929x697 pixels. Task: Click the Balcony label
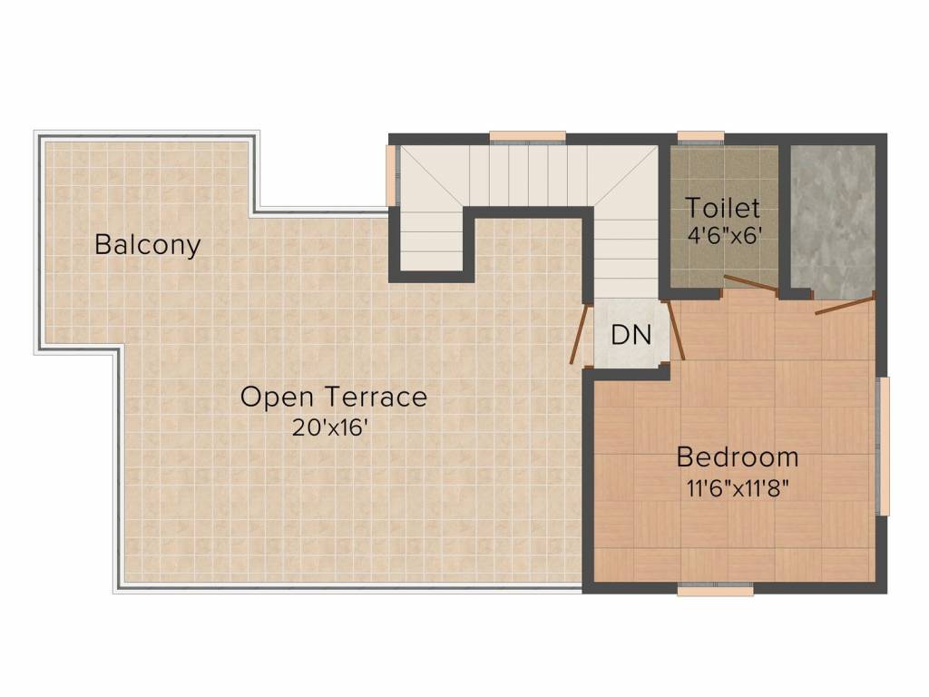148,245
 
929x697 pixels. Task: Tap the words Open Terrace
334,397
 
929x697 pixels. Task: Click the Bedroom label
738,457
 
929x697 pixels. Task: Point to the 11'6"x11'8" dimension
738,488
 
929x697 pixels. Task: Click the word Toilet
723,208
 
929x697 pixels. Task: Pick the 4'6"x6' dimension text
724,236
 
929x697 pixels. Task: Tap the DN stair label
631,335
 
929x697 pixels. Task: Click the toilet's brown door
751,283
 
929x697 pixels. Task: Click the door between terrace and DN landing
580,334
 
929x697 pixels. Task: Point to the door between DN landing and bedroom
674,330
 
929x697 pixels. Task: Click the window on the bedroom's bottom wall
715,589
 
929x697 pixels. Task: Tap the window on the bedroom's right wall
883,446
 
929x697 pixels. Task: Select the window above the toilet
700,137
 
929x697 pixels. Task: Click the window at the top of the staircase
527,137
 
